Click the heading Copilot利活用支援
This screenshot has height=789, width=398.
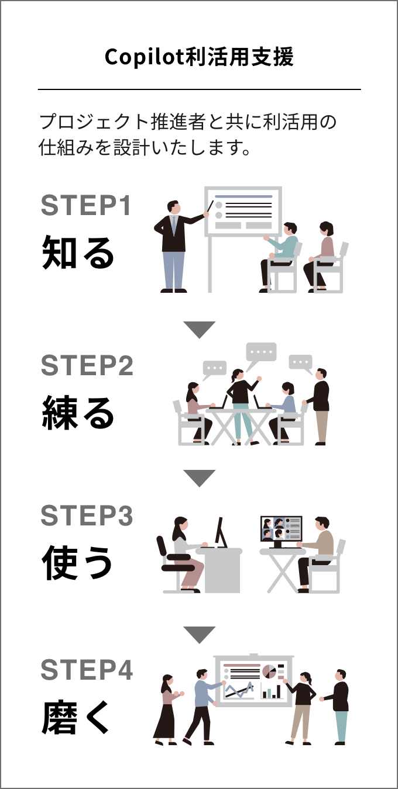pyautogui.click(x=199, y=57)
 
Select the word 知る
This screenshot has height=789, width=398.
pyautogui.click(x=78, y=252)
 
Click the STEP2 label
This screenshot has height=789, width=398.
pyautogui.click(x=87, y=365)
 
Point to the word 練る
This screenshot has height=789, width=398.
pyautogui.click(x=78, y=413)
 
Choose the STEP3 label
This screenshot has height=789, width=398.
pyautogui.click(x=87, y=515)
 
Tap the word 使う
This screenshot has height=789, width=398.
pyautogui.click(x=77, y=562)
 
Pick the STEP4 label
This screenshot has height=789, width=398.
pyautogui.click(x=87, y=670)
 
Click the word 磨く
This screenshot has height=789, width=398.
pyautogui.click(x=76, y=717)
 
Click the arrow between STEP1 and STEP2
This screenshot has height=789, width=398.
pyautogui.click(x=200, y=330)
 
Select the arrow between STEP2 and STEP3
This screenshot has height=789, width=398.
pyautogui.click(x=200, y=478)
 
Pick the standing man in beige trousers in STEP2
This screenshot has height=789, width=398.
pyautogui.click(x=320, y=407)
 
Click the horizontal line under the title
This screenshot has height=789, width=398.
pyautogui.click(x=200, y=89)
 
